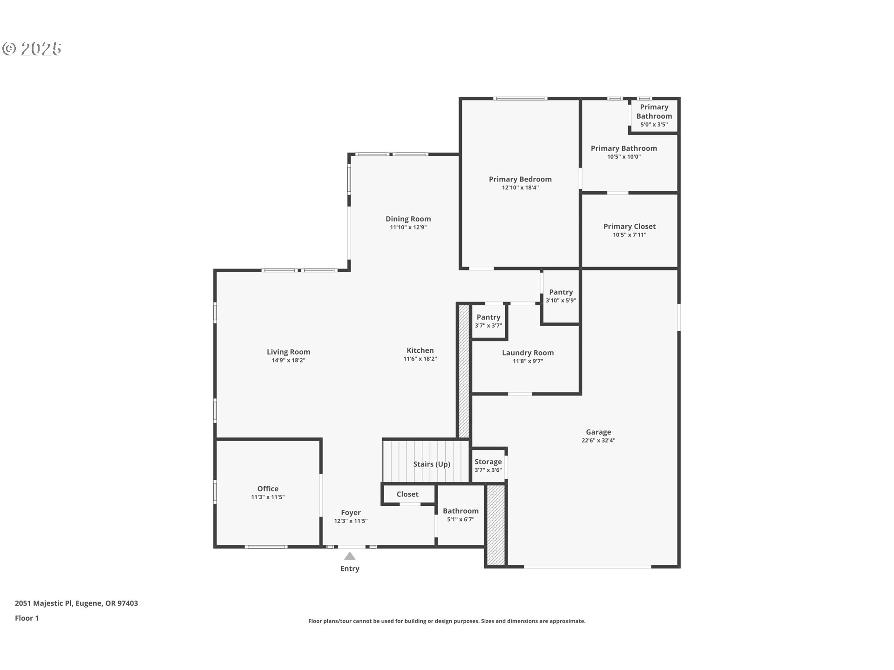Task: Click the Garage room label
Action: coord(598,432)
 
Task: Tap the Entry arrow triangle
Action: coord(350,556)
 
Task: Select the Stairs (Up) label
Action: coord(432,464)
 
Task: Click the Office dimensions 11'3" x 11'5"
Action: coord(268,497)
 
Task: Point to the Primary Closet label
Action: coord(630,227)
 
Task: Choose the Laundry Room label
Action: coord(528,353)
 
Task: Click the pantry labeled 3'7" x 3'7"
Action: coord(488,321)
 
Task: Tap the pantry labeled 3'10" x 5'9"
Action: coord(561,296)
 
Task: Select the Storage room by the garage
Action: coord(488,465)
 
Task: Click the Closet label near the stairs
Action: coord(407,494)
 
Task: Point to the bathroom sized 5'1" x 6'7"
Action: coord(461,515)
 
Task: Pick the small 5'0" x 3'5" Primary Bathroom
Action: coord(654,115)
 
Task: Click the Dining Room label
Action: coord(408,219)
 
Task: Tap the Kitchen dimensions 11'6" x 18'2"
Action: coord(420,359)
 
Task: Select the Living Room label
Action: coord(288,352)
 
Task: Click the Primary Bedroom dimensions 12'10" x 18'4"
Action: coord(520,188)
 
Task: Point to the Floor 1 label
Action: coord(27,618)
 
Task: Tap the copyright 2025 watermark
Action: coord(32,49)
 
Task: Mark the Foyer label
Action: coord(351,513)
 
